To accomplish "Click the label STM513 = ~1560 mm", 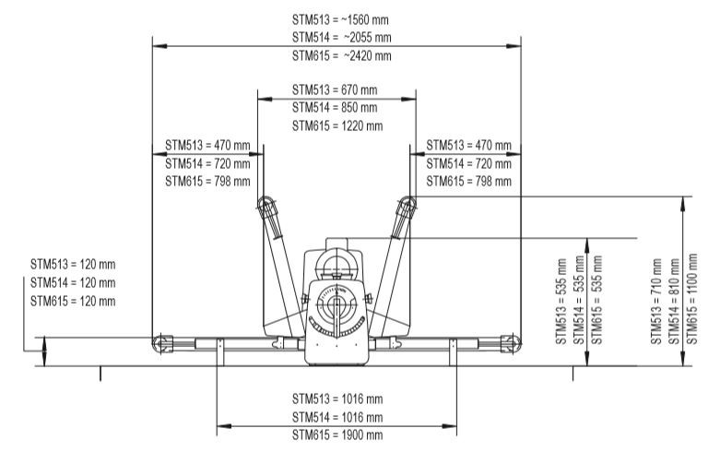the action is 340,20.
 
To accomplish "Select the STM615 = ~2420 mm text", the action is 341,56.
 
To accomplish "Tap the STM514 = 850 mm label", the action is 335,108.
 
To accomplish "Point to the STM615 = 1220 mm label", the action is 337,125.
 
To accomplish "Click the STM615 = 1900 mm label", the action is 337,434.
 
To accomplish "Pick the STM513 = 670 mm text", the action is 335,90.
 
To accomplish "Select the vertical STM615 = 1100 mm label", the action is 692,299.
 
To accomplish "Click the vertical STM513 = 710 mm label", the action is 656,302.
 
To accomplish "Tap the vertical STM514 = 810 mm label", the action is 674,302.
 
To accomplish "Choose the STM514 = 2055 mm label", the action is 341,38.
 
